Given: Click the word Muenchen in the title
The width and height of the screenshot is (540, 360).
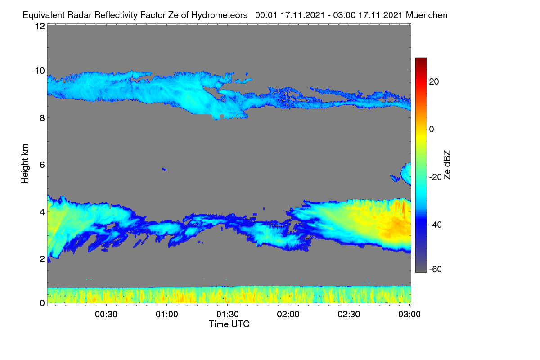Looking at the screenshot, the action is [427, 15].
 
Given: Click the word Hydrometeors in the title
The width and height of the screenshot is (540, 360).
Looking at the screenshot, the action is [219, 15].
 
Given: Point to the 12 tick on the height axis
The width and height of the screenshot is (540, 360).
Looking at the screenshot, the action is [40, 26].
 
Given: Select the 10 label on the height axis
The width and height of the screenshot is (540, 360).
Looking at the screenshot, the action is [40, 71].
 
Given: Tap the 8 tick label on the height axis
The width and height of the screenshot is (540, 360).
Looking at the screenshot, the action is [42, 118].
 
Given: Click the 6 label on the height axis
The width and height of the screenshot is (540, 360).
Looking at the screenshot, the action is [42, 165].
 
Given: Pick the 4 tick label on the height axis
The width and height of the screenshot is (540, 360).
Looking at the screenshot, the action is [42, 212].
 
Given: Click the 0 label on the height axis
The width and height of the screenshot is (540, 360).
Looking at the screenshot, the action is [42, 303].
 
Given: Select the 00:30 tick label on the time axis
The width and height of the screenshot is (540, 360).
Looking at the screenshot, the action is [106, 315].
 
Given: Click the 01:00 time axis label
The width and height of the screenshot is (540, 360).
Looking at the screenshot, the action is [167, 315].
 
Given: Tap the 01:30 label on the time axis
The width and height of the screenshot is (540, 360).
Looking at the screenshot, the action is [228, 315].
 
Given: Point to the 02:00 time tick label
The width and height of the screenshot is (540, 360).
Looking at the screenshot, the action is [288, 315].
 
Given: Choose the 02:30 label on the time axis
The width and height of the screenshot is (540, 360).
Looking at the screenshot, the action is [349, 315].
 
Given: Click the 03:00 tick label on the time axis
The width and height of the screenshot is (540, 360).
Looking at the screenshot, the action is [409, 315].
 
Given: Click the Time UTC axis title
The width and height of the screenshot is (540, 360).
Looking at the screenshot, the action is [229, 324].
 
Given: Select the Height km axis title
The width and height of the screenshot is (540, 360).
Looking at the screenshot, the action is [25, 164].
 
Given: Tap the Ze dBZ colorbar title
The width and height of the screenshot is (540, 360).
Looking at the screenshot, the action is [447, 165].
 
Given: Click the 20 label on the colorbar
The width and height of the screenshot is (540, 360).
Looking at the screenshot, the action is [434, 82].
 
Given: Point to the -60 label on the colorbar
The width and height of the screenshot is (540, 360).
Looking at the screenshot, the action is [436, 269].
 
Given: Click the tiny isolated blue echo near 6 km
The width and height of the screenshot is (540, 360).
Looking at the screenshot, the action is [164, 169].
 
